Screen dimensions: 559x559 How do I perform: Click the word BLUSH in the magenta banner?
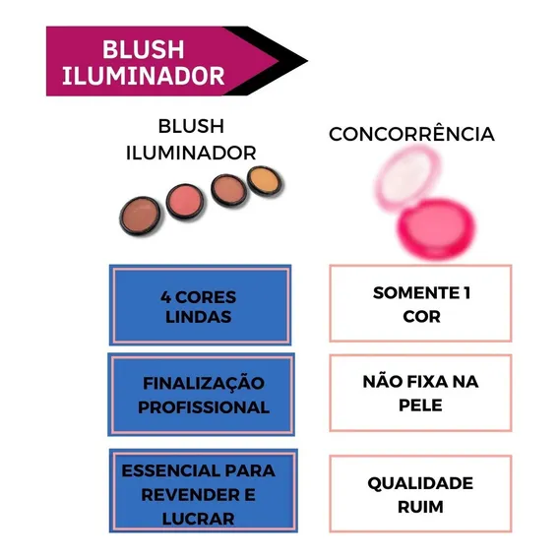tap(144, 49)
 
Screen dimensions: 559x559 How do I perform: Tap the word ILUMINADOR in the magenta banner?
tap(144, 76)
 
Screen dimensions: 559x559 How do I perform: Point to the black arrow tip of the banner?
tap(307, 61)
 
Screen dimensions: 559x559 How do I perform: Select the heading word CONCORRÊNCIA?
tap(411, 134)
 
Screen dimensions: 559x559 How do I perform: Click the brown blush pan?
tap(140, 216)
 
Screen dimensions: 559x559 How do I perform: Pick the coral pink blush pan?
tap(186, 202)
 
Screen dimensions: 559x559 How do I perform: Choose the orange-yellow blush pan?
tap(265, 181)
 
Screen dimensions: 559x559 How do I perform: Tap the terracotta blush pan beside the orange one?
tap(228, 190)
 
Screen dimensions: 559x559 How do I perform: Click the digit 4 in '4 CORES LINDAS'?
tap(165, 297)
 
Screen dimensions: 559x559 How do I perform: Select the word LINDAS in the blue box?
tap(199, 317)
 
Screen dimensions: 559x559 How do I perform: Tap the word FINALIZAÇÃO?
tap(204, 383)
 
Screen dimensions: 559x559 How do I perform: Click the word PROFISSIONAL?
tap(204, 407)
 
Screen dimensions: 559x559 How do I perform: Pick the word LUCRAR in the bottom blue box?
tap(198, 519)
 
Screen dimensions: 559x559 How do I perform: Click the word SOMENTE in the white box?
tap(416, 293)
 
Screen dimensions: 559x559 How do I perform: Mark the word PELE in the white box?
tap(420, 405)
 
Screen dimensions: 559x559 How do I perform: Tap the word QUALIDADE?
tap(420, 483)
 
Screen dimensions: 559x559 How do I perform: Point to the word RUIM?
tap(420, 507)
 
